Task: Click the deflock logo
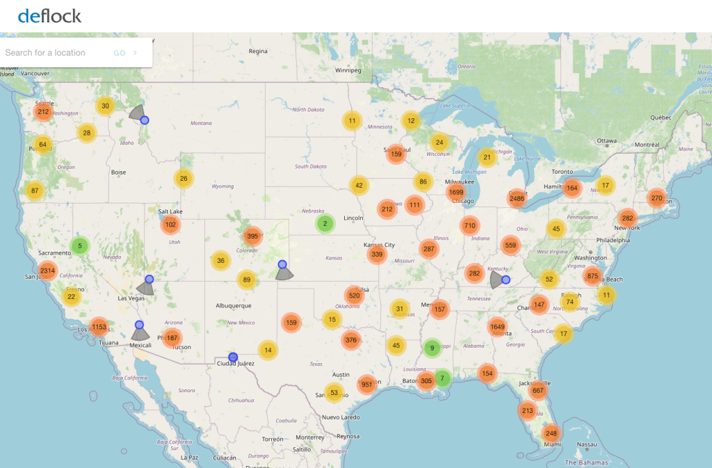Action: tap(49, 15)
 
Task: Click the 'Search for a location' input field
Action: tap(56, 53)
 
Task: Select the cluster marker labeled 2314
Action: tap(48, 271)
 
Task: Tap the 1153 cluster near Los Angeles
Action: tap(99, 327)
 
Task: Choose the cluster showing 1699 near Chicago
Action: tap(457, 192)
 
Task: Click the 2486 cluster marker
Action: tap(517, 199)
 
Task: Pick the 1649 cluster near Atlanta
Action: tap(497, 327)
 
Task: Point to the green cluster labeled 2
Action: tap(325, 224)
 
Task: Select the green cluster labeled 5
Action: tap(80, 245)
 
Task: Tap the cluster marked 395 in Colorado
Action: tap(252, 236)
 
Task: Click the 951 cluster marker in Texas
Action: tap(367, 385)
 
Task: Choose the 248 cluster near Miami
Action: tap(551, 433)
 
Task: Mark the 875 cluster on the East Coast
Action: tap(592, 276)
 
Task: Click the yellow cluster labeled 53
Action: tap(334, 393)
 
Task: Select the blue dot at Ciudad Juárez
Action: tap(233, 357)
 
